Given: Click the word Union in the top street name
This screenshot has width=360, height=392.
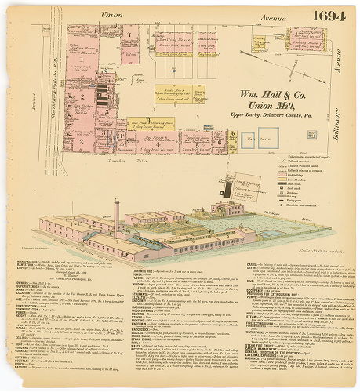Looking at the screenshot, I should (111, 15).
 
